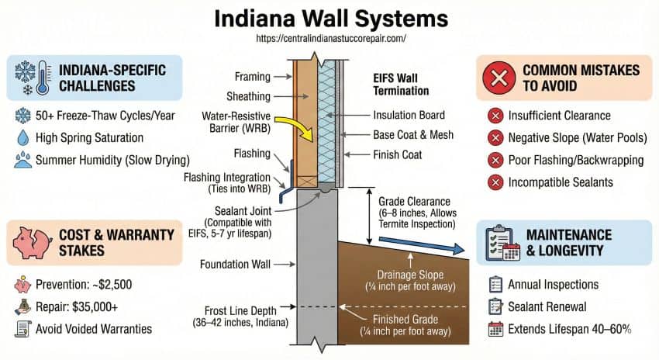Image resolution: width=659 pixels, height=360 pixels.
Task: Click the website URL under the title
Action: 329,37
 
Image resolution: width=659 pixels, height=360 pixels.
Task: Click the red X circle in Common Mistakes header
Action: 499,78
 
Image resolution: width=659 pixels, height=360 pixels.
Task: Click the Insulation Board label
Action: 412,114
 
